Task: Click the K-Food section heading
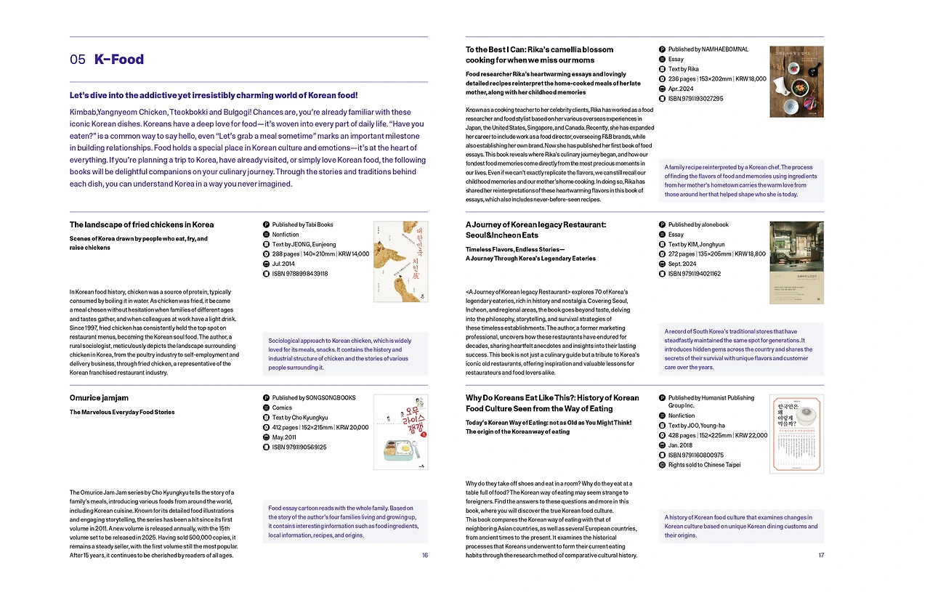pyautogui.click(x=119, y=60)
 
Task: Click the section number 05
pyautogui.click(x=78, y=60)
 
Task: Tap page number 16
pyautogui.click(x=424, y=556)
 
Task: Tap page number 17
pyautogui.click(x=821, y=556)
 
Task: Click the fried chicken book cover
pyautogui.click(x=400, y=261)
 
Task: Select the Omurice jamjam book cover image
pyautogui.click(x=400, y=432)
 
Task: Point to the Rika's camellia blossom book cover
pyautogui.click(x=796, y=81)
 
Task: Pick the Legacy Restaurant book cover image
pyautogui.click(x=796, y=262)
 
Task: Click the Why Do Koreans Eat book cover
pyautogui.click(x=796, y=434)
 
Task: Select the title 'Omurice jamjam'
pyautogui.click(x=98, y=398)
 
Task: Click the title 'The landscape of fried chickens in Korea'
pyautogui.click(x=142, y=225)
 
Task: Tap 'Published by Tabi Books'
pyautogui.click(x=302, y=225)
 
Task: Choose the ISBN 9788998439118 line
pyautogui.click(x=299, y=274)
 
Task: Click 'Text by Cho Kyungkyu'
pyautogui.click(x=299, y=418)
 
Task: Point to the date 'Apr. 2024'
pyautogui.click(x=683, y=89)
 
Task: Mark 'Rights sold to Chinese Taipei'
pyautogui.click(x=704, y=465)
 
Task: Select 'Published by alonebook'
pyautogui.click(x=697, y=225)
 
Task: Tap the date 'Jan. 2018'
pyautogui.click(x=680, y=445)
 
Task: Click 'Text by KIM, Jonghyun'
pyautogui.click(x=696, y=245)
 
